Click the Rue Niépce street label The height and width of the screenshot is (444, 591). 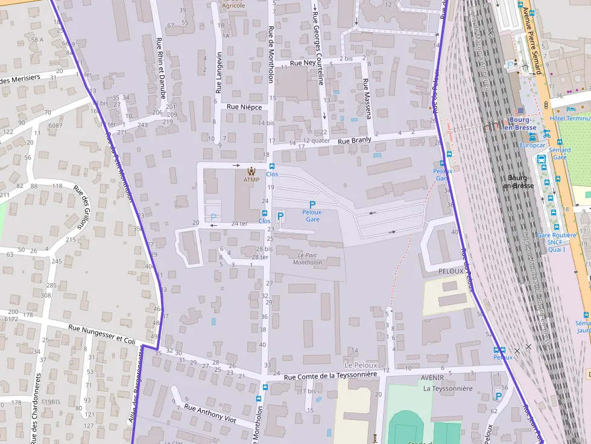(x=244, y=107)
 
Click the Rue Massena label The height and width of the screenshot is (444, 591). (x=367, y=98)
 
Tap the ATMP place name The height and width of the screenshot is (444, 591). (x=251, y=180)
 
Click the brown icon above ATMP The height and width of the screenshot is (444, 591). (x=251, y=171)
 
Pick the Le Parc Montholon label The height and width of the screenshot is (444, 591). (x=307, y=258)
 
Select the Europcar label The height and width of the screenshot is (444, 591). (x=532, y=145)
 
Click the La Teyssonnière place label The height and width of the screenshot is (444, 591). (x=447, y=389)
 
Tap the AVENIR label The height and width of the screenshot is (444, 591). (x=432, y=378)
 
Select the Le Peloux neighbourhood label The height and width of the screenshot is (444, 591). (x=361, y=365)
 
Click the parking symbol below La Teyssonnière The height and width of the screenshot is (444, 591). (x=498, y=396)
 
